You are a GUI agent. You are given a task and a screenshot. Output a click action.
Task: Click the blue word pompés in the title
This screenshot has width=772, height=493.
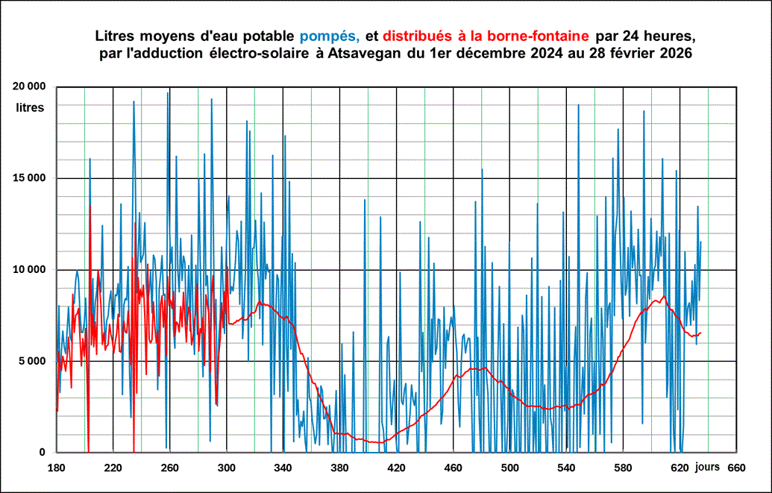(x=330, y=37)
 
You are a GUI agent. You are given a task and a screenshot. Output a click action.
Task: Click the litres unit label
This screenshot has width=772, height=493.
(x=31, y=107)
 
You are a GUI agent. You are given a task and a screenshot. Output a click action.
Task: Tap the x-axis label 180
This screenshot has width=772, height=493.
(x=56, y=468)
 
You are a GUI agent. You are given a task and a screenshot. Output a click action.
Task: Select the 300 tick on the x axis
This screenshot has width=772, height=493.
(x=226, y=468)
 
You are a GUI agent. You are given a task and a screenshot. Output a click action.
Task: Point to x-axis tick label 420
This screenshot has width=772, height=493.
(x=396, y=468)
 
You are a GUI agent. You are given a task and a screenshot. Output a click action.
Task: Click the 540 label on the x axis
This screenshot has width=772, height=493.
(x=566, y=468)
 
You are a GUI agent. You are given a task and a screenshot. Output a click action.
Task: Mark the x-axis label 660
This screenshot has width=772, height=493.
(x=735, y=468)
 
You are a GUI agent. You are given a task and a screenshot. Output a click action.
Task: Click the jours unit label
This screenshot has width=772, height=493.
(x=707, y=467)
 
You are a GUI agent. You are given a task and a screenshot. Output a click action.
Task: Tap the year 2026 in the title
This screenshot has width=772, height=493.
(x=676, y=54)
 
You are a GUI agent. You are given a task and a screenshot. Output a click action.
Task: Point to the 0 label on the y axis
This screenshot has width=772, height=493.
(x=42, y=452)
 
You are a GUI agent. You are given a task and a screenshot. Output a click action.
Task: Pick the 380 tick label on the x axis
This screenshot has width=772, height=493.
(x=339, y=468)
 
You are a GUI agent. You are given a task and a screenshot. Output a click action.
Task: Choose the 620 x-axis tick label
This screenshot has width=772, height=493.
(x=679, y=468)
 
